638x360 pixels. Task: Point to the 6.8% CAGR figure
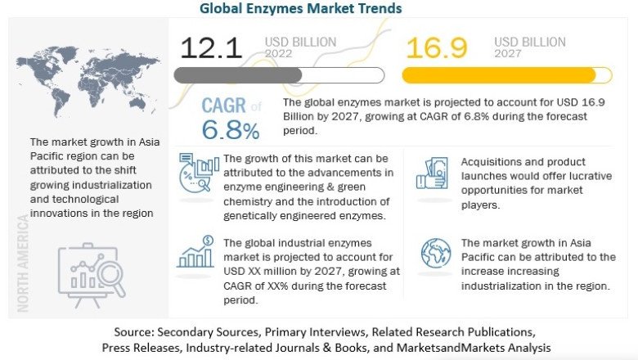pyautogui.click(x=231, y=128)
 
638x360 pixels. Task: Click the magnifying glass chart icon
pyautogui.click(x=91, y=269)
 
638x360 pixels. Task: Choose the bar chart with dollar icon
pyautogui.click(x=195, y=253)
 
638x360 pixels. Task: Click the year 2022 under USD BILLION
pyautogui.click(x=278, y=53)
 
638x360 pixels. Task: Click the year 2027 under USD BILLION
pyautogui.click(x=509, y=53)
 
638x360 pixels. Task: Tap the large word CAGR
pyautogui.click(x=222, y=106)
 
